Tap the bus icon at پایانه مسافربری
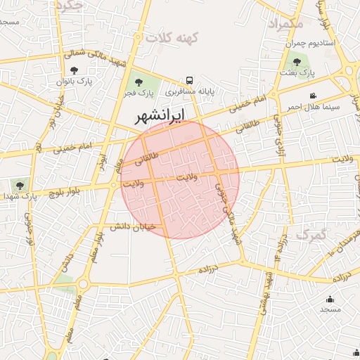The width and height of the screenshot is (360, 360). tap(189, 80)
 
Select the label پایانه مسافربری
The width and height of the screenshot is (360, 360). tap(189, 91)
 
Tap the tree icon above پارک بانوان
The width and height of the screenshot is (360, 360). tap(75, 70)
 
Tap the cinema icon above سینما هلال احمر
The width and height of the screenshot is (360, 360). tap(313, 96)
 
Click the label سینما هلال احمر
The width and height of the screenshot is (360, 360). tap(313, 107)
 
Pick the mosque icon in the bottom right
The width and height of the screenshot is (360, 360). tap(330, 298)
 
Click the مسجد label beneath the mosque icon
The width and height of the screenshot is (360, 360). tap(330, 309)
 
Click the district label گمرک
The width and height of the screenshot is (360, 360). tap(311, 234)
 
